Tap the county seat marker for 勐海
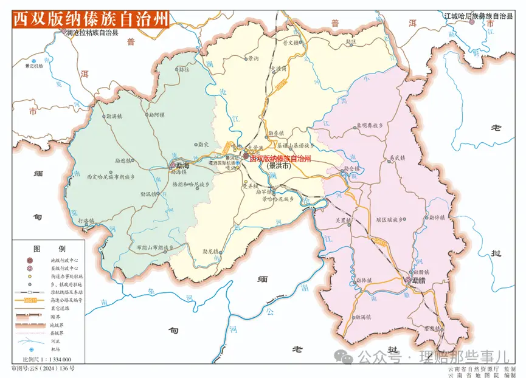tap(173, 165)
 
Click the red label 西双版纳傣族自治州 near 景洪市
tap(280, 158)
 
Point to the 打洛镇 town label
tap(88, 220)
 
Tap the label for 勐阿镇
tap(157, 114)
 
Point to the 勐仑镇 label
tap(352, 168)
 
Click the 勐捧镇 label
tap(362, 280)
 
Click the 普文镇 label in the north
tap(291, 43)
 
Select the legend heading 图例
tap(49, 249)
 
